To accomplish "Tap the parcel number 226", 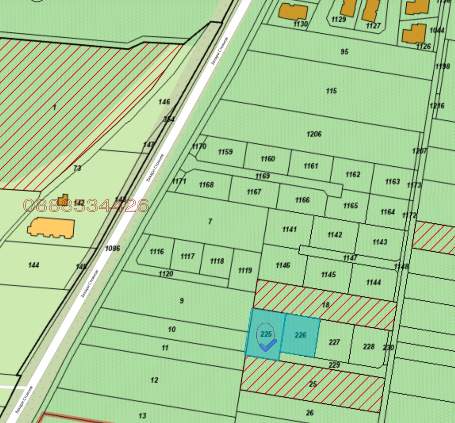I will click(301, 335).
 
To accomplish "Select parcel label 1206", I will click(314, 134).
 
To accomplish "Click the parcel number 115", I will click(332, 90).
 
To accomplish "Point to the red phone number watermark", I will click(86, 205).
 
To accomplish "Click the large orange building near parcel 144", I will click(51, 228).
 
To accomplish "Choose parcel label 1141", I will click(289, 229).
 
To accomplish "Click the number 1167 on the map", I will click(254, 192).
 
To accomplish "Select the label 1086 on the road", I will click(112, 248).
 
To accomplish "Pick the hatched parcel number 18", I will click(326, 305).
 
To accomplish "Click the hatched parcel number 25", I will click(313, 384).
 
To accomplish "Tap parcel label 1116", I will click(157, 251).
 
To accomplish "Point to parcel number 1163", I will click(392, 181).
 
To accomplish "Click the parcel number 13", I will click(142, 416).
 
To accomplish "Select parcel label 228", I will click(369, 346).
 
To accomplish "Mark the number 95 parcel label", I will click(344, 52).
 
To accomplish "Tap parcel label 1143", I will click(380, 242).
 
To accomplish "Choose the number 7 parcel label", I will click(210, 222).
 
